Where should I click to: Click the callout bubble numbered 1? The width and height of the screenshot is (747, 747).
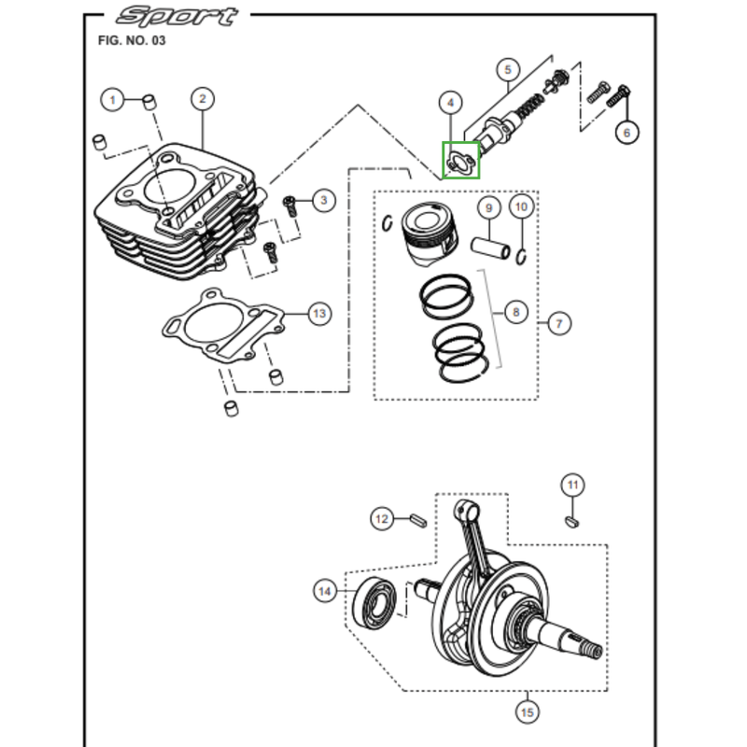coord(113,99)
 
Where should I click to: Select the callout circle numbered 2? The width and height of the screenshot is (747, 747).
coord(203,99)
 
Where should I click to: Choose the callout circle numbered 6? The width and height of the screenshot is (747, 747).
coord(627,132)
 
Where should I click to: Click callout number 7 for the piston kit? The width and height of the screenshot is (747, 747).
coord(558,324)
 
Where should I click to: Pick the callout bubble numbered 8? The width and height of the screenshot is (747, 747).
coord(516,312)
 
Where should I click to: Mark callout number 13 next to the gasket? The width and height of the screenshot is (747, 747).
coord(319,313)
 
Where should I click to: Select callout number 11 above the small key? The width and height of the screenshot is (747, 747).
coord(572,485)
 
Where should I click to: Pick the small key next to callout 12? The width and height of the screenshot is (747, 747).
coord(418,518)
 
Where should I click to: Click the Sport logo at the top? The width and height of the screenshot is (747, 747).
coord(177,16)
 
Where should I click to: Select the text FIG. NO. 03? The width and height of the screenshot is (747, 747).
coord(132,41)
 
